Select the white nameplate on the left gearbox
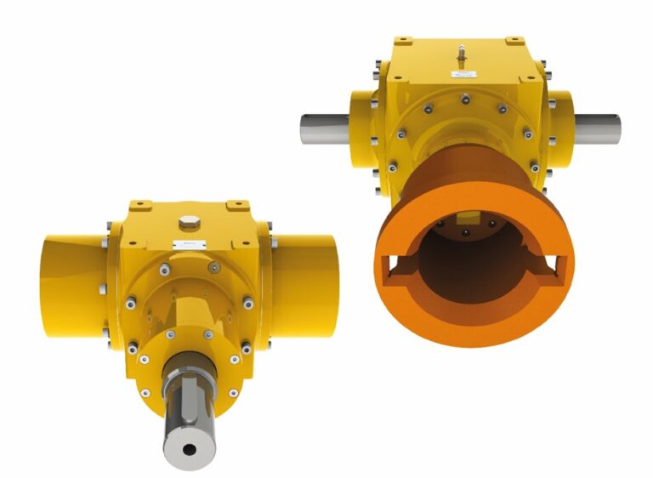click(x=185, y=245)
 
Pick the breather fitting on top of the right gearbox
click(x=462, y=52)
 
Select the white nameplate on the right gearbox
click(x=464, y=76)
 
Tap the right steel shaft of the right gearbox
click(x=595, y=128)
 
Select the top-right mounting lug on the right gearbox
click(x=514, y=41)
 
